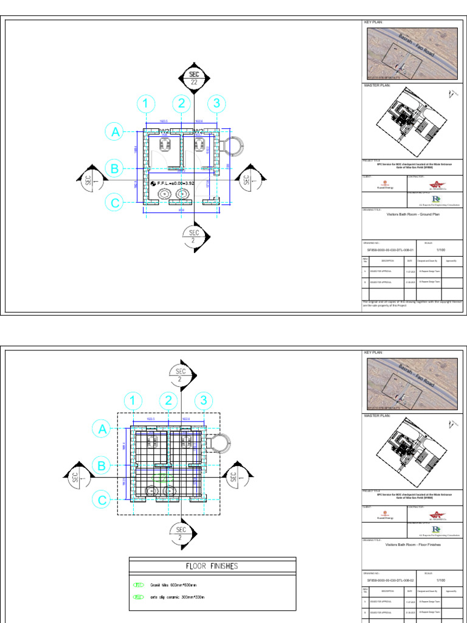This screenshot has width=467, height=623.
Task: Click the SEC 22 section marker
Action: [193, 78]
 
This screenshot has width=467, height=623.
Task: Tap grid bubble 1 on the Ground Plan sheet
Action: [145, 104]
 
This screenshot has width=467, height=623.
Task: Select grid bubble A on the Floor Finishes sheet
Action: [102, 429]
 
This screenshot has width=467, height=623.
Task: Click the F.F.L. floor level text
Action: [176, 183]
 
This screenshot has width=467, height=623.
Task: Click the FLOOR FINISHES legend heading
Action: [212, 566]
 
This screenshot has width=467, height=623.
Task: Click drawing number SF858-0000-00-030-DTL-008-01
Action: [390, 250]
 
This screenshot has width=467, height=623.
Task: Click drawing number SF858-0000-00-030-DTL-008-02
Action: [390, 580]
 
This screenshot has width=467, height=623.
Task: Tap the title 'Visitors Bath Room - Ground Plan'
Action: [409, 215]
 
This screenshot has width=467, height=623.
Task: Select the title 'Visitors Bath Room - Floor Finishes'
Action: [409, 545]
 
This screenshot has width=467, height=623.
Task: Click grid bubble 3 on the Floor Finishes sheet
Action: [204, 401]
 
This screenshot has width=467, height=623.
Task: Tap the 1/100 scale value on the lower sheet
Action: [441, 580]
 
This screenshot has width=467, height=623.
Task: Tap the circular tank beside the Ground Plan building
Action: [232, 146]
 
